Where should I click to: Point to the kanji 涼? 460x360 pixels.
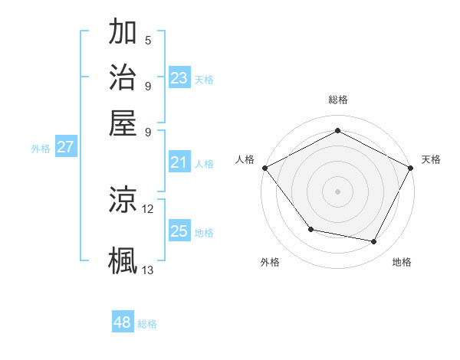(x=123, y=201)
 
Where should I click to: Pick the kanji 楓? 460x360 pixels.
(x=123, y=259)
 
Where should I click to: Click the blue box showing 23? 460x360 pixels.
(x=179, y=78)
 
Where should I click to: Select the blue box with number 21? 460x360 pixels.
(x=179, y=162)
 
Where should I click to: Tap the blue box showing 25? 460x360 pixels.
(x=179, y=231)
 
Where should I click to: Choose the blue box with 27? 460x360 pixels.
(x=65, y=147)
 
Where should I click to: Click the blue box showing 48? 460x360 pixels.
(x=123, y=322)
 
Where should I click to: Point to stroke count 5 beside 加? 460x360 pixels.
(x=148, y=41)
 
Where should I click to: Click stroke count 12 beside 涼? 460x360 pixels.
(x=148, y=208)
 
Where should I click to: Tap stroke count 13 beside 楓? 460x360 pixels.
(x=148, y=270)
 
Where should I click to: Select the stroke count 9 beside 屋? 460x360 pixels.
(x=148, y=132)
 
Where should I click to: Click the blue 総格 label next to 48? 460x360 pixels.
(x=147, y=324)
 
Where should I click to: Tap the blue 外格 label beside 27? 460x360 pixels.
(x=41, y=149)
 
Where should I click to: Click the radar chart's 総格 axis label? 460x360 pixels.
(x=337, y=100)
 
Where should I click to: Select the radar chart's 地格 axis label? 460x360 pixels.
(x=402, y=262)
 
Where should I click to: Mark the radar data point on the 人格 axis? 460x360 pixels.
(x=264, y=167)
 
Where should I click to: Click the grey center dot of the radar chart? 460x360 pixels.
(x=337, y=191)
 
